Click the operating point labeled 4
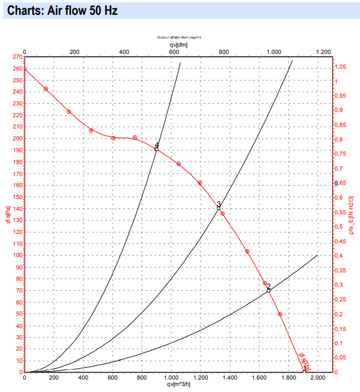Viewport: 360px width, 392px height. [x=156, y=149]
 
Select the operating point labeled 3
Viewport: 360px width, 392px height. [x=218, y=208]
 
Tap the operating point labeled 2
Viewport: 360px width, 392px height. [x=268, y=290]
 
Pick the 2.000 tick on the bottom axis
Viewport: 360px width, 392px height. [x=317, y=377]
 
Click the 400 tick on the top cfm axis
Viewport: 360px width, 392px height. [x=124, y=52]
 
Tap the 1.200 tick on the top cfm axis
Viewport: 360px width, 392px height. [x=323, y=52]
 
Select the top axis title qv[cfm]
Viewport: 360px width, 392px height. [x=178, y=44]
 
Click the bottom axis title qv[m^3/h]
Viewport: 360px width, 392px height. [x=178, y=384]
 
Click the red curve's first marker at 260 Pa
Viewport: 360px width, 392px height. [x=24, y=69]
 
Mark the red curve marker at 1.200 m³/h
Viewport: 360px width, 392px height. [x=200, y=183]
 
